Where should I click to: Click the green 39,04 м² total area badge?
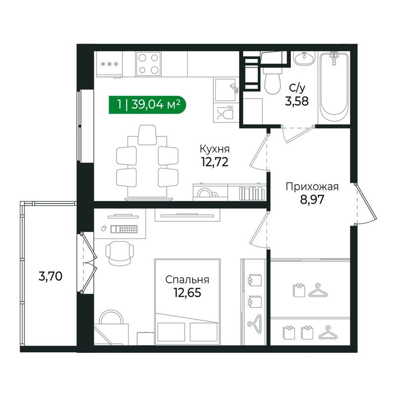point(147,105)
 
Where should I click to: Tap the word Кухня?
point(215,149)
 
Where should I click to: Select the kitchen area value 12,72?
point(215,162)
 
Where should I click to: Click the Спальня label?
point(188,280)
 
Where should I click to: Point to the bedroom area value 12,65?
point(188,293)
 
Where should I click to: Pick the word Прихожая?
point(312,187)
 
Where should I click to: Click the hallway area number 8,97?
point(312,200)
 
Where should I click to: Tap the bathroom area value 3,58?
point(297,101)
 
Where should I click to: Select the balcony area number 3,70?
point(51,276)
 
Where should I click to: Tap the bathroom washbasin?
point(304,58)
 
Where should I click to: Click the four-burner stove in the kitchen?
point(148,64)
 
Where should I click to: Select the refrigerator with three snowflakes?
point(109,64)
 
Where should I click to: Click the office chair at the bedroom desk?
point(120,253)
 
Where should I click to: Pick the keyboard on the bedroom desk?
point(124,229)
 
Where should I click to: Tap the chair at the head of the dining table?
point(147,134)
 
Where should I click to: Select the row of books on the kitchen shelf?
point(252,194)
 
